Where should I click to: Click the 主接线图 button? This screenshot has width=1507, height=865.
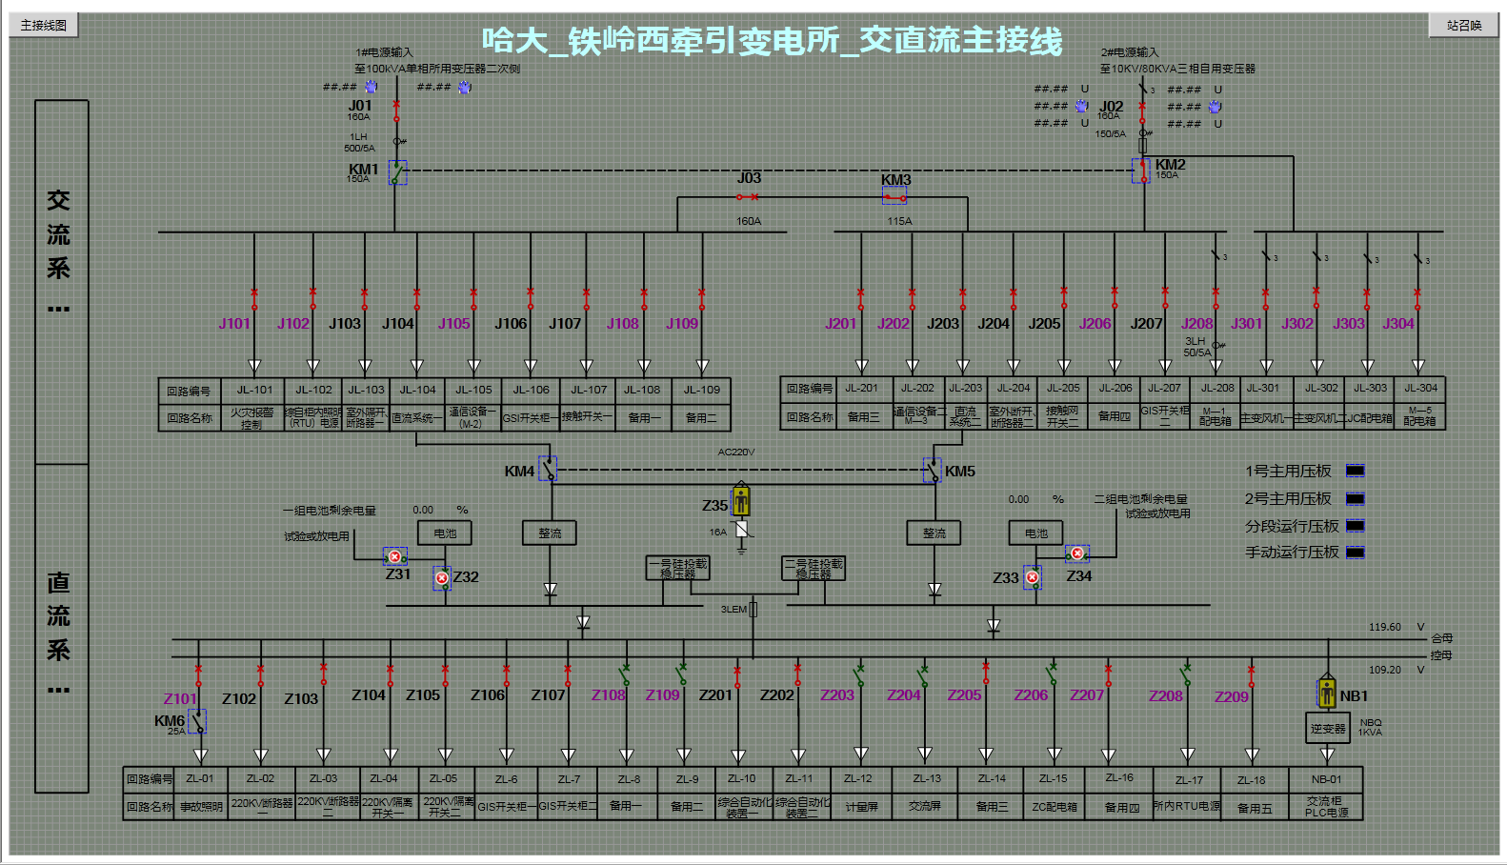[44, 25]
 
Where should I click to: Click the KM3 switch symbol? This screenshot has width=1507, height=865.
[894, 197]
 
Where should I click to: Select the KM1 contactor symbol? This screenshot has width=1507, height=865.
[397, 172]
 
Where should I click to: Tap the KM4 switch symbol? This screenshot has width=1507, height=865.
[548, 470]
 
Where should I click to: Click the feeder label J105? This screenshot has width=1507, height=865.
[453, 324]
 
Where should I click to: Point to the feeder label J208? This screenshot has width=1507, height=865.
[1196, 324]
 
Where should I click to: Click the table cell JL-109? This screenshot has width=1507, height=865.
[702, 390]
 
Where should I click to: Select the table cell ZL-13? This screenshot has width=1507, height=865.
[927, 778]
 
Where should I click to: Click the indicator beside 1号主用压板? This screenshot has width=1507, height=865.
[1355, 471]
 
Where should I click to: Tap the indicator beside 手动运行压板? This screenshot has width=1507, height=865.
[1355, 553]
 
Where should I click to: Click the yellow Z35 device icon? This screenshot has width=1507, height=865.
[741, 499]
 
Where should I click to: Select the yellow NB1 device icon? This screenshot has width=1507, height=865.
[1327, 692]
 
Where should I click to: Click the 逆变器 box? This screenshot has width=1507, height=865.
[1327, 729]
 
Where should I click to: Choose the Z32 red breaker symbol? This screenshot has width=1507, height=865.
[442, 577]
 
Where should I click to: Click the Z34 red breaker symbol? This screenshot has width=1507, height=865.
[1077, 553]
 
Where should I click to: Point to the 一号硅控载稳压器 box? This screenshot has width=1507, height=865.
[677, 569]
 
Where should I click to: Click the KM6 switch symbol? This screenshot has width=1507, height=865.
[197, 721]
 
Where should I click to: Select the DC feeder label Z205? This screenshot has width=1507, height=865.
[964, 695]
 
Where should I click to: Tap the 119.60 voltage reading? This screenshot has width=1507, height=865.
[1385, 627]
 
